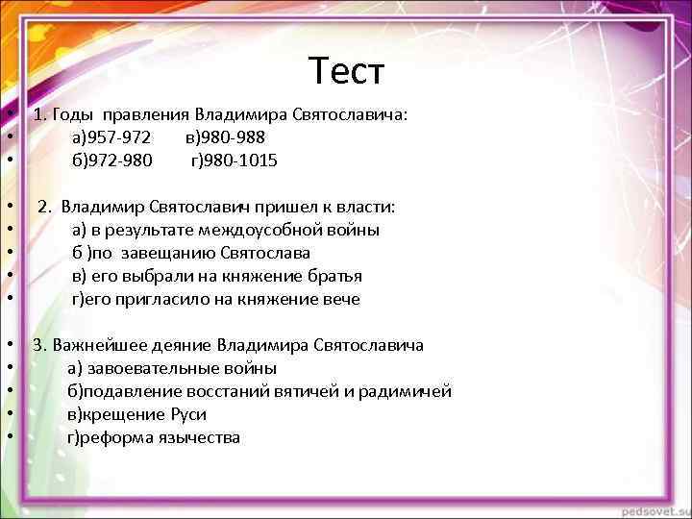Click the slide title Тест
tap(346, 70)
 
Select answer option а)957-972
tap(111, 138)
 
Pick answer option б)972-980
tap(111, 161)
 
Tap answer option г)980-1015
tap(234, 161)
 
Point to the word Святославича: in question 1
tap(349, 115)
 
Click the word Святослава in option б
tap(265, 254)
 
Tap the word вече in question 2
tap(340, 300)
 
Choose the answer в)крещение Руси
tap(136, 415)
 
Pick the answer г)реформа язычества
tap(154, 438)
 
